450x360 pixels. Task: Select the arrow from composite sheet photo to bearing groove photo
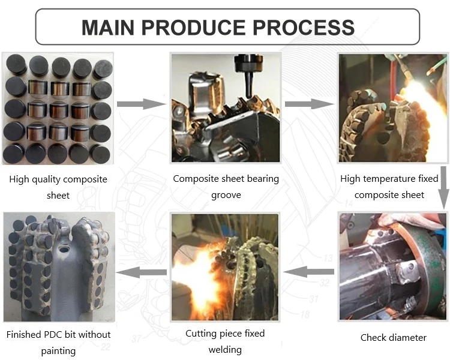[140, 104]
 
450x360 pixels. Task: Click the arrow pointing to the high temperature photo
[308, 104]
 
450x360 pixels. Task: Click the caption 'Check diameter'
[393, 337]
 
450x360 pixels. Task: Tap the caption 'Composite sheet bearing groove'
[226, 187]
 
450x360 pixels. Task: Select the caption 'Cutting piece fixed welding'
[225, 341]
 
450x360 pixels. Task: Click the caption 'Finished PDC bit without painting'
[59, 343]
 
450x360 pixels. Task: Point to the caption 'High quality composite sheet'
[58, 187]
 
